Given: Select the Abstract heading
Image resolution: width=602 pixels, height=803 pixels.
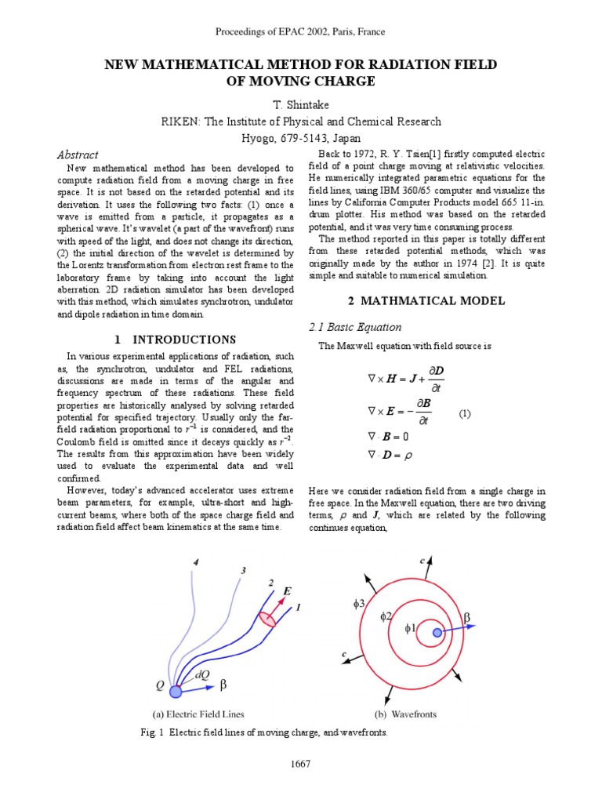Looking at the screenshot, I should [x=78, y=154].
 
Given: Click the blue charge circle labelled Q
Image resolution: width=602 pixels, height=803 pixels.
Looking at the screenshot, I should [x=176, y=691].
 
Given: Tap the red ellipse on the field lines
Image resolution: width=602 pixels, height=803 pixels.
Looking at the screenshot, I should [x=267, y=619].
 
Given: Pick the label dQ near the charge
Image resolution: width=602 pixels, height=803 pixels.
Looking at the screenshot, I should [x=202, y=674].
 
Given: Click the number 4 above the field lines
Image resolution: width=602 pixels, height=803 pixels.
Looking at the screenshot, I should [x=195, y=562].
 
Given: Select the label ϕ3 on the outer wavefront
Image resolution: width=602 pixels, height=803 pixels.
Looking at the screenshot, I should [x=360, y=605].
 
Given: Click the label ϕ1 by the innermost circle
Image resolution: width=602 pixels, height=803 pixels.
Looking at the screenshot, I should [x=408, y=628].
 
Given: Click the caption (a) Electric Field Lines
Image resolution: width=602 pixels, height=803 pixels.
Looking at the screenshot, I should [x=198, y=714].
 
